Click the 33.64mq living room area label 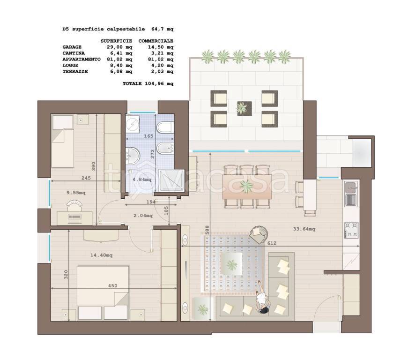(x=304, y=229)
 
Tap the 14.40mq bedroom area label (x=101, y=255)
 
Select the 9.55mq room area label (x=76, y=193)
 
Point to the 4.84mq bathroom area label (x=142, y=180)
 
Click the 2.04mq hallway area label (x=143, y=216)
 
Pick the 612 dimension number (x=272, y=243)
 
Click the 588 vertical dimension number (x=207, y=230)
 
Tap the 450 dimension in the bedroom (x=112, y=285)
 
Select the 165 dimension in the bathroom (x=148, y=136)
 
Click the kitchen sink (x=351, y=187)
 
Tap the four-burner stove (x=351, y=230)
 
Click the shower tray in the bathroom (x=171, y=180)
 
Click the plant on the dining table (x=246, y=186)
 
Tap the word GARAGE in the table (x=72, y=47)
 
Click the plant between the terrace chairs (x=242, y=108)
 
